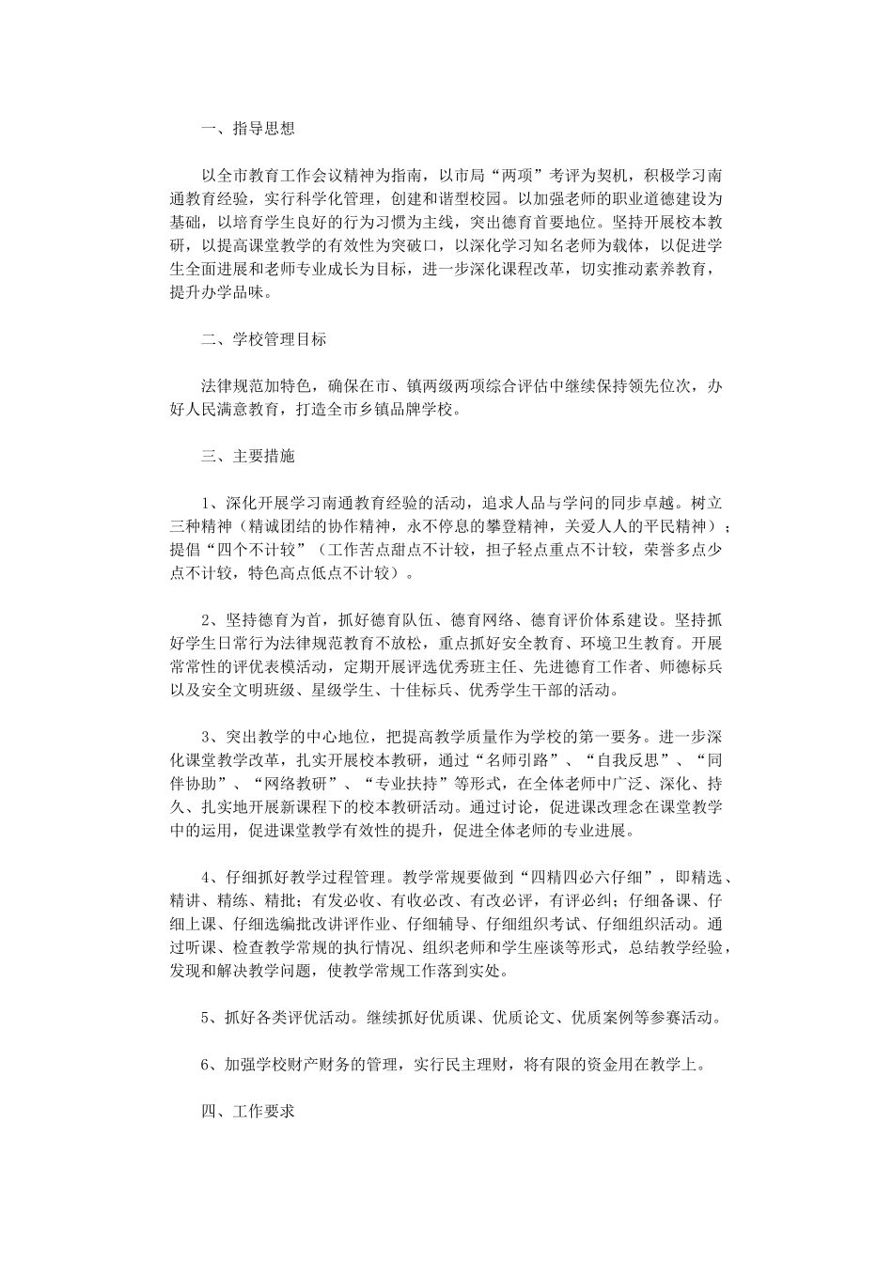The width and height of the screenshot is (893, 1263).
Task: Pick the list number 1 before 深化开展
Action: click(x=208, y=503)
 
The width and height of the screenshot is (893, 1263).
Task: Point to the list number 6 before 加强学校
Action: click(x=208, y=1064)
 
